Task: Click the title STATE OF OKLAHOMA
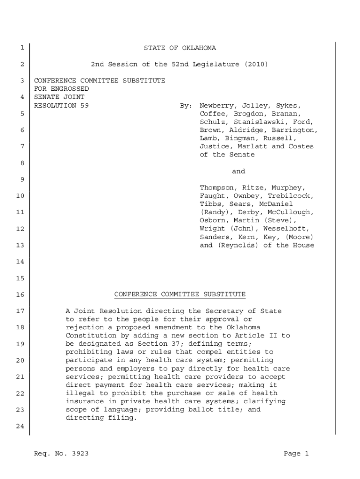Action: pos(180,48)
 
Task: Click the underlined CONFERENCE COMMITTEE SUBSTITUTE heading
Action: pos(180,294)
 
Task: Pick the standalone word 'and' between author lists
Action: pos(238,171)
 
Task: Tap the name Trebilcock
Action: pos(290,196)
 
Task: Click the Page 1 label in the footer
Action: pos(296,453)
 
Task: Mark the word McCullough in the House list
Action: pos(290,212)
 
